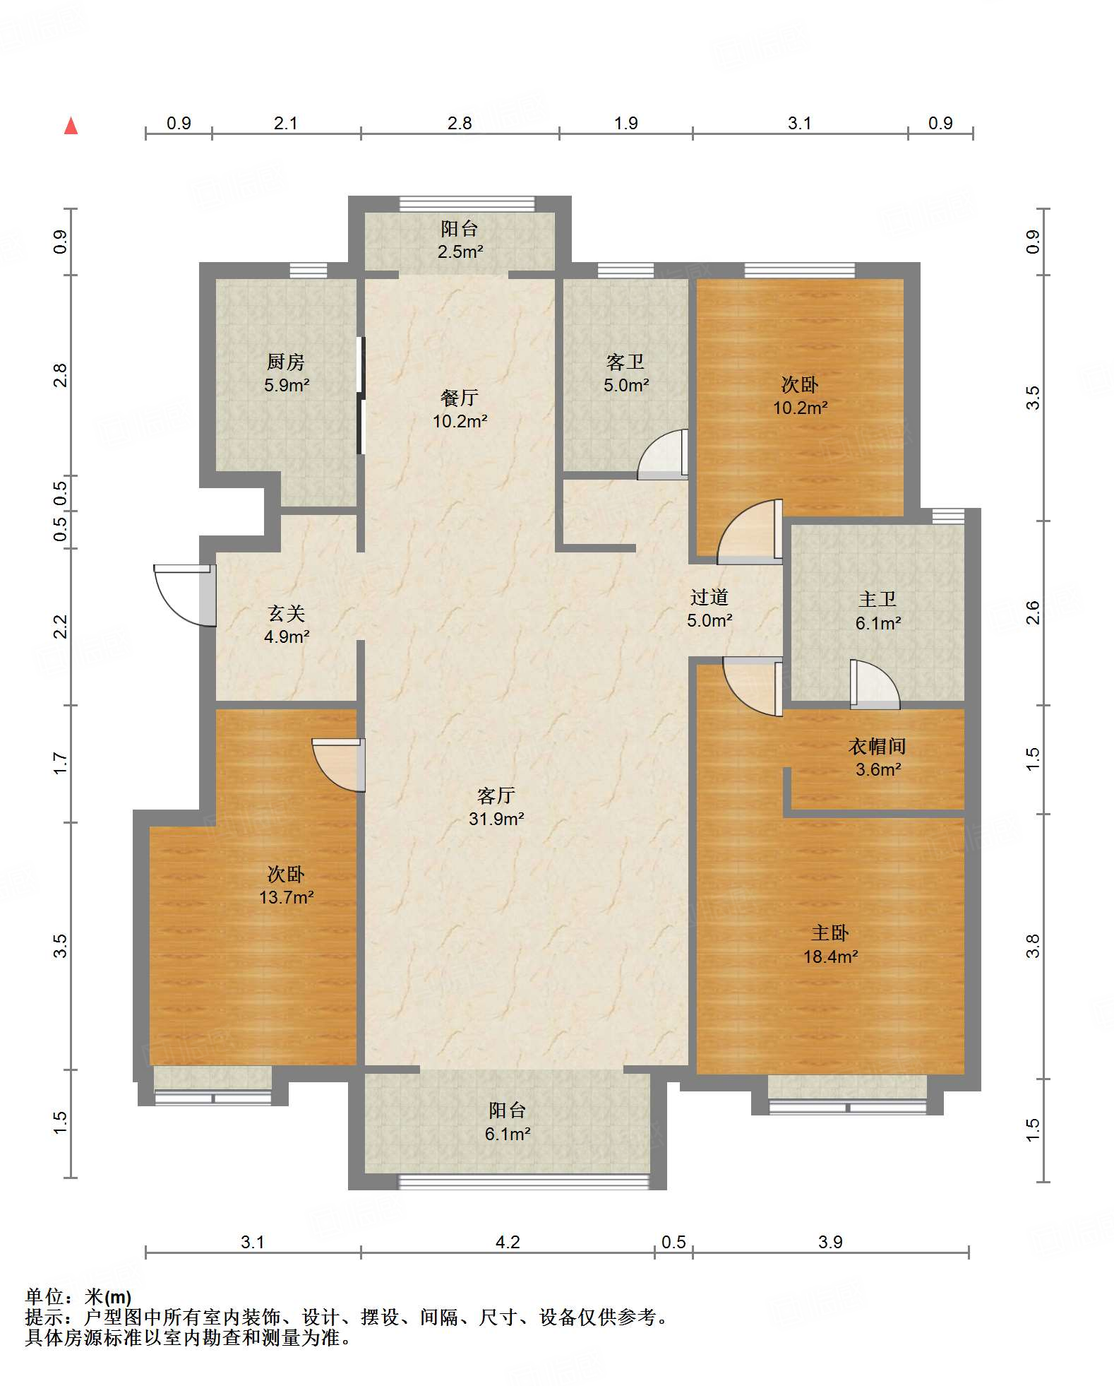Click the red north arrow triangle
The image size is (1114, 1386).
pyautogui.click(x=71, y=126)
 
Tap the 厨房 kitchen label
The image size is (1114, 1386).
pyautogui.click(x=286, y=362)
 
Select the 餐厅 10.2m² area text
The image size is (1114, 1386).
pyautogui.click(x=460, y=421)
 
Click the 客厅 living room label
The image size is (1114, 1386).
pyautogui.click(x=496, y=795)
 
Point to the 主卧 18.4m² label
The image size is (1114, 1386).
pyautogui.click(x=830, y=944)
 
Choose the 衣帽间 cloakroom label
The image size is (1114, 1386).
pyautogui.click(x=877, y=746)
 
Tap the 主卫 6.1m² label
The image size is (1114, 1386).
pyautogui.click(x=878, y=611)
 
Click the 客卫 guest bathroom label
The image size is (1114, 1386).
pyautogui.click(x=625, y=362)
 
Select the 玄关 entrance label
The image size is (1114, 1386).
pyautogui.click(x=286, y=613)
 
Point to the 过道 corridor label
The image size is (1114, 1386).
pyautogui.click(x=709, y=597)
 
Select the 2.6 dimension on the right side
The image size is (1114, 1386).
pyautogui.click(x=1032, y=612)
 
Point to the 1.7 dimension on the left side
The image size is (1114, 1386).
pyautogui.click(x=61, y=763)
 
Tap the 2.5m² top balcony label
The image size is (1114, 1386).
pyautogui.click(x=460, y=251)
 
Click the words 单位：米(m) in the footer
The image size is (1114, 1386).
pyautogui.click(x=78, y=1296)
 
